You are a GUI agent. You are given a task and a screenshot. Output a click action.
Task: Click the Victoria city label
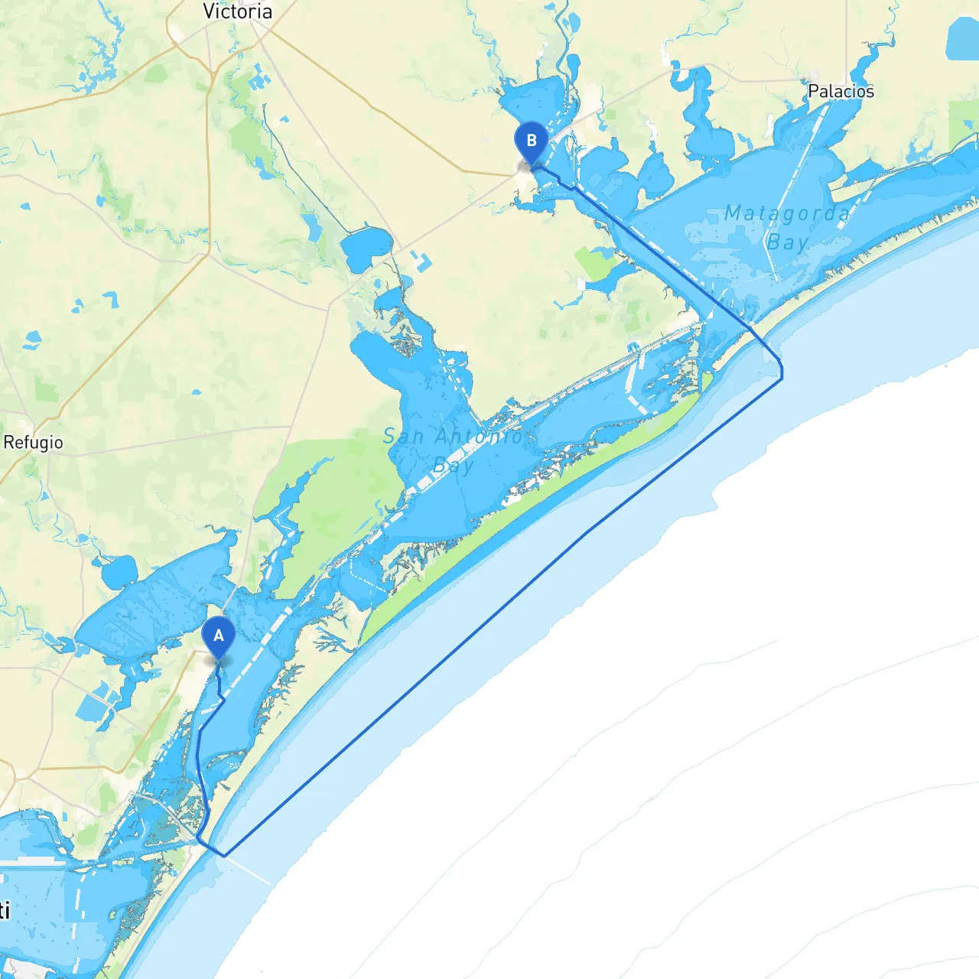[x=237, y=11]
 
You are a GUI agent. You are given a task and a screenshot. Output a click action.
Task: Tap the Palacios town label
[x=841, y=91]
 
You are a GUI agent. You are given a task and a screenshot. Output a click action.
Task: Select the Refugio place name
[x=33, y=442]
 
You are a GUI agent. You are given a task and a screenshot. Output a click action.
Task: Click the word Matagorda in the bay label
[x=786, y=213]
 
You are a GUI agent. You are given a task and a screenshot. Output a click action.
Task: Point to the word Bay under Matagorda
[x=788, y=242]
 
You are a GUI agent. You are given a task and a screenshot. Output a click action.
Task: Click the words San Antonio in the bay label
[x=453, y=437]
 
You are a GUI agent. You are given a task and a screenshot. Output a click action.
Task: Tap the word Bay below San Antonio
[x=453, y=465]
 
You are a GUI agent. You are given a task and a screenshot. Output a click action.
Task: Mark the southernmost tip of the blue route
[x=224, y=855]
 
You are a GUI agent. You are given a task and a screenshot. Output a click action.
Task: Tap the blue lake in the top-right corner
[x=962, y=38]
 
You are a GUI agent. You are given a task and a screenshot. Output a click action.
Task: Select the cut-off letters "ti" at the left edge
[x=5, y=910]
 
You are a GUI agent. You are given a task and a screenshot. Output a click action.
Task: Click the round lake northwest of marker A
[x=119, y=572]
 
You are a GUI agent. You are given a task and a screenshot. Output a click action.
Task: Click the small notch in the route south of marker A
[x=222, y=697]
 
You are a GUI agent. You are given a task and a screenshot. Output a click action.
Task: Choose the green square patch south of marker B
[x=595, y=263]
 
